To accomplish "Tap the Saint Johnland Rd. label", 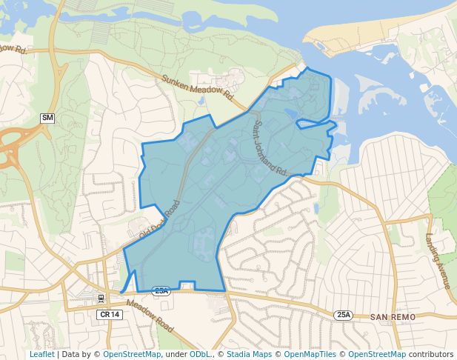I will point(270,148).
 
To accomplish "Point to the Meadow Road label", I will point(150,315).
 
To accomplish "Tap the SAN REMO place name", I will point(395,316).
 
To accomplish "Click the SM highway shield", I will point(47,119).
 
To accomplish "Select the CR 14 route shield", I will point(109,314).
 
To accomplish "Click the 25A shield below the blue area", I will point(161,291).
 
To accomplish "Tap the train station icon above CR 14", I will point(101,299).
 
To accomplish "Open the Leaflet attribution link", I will point(41,354).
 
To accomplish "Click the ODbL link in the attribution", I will point(200,354).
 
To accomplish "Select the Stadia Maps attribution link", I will point(248,354).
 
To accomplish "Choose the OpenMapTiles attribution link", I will point(310,354).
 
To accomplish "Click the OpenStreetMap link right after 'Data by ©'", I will point(132,354).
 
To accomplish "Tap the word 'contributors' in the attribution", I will point(430,354).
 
